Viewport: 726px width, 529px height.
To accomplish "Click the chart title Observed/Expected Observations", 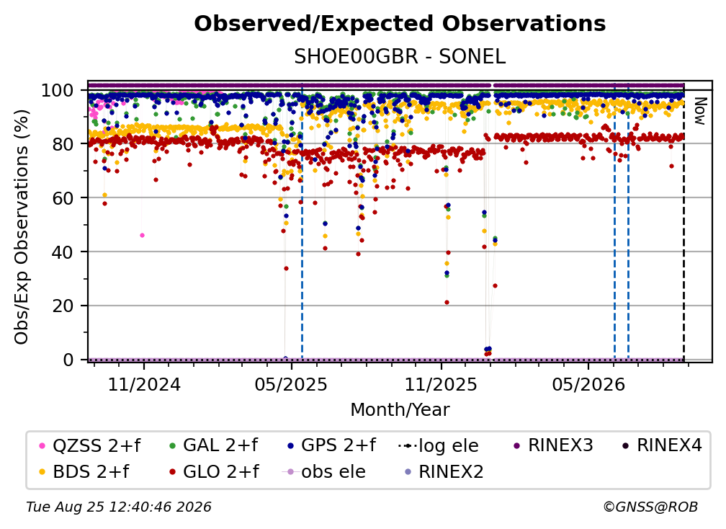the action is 400,24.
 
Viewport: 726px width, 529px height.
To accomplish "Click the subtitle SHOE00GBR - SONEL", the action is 400,57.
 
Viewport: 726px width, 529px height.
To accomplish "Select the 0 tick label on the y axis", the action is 68,360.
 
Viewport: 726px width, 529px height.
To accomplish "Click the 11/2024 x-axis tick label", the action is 144,385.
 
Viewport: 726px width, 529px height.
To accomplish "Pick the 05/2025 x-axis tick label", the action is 291,385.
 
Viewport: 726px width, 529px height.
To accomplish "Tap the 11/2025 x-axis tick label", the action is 441,385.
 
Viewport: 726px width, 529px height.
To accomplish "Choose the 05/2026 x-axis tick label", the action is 588,385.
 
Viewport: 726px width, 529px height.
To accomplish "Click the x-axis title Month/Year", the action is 400,410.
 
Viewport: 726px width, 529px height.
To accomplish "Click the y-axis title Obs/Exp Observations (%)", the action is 22,227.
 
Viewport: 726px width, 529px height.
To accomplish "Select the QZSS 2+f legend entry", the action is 91,445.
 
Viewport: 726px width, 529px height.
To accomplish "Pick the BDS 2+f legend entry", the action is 85,472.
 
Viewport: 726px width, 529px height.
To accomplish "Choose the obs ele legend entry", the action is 324,472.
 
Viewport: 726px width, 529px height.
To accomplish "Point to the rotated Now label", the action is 699,111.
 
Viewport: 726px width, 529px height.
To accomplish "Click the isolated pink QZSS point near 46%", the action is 142,236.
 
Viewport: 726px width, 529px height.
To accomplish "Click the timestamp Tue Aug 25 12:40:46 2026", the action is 119,507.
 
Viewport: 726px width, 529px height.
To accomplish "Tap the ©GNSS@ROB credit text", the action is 650,507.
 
